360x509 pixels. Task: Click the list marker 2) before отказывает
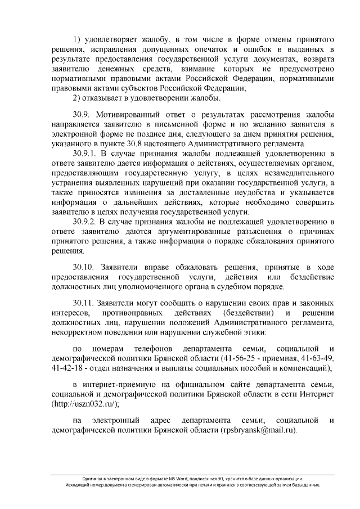click(78, 98)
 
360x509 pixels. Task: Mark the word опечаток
click(232, 49)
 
